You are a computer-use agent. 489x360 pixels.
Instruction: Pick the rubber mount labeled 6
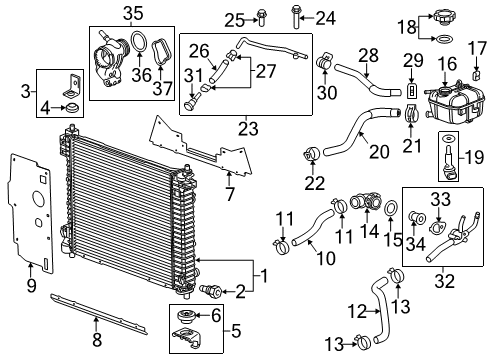tap(183, 320)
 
